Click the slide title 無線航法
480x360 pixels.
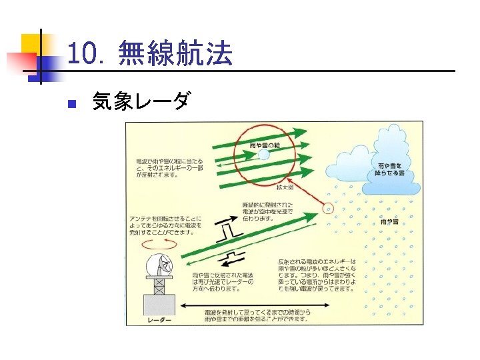175,54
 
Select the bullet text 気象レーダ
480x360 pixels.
141,102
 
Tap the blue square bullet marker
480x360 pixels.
73,104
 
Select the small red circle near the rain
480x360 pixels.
327,208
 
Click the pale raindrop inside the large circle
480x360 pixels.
264,155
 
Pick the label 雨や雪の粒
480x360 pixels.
265,145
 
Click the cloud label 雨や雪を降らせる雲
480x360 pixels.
391,168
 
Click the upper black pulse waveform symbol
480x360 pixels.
229,231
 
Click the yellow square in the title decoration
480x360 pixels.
31,45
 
